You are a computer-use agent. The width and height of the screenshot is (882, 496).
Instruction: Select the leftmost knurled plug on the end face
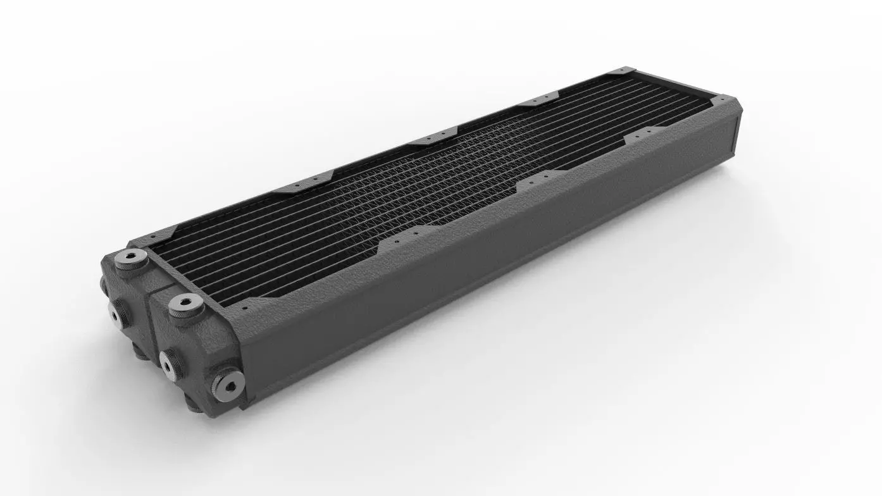116,311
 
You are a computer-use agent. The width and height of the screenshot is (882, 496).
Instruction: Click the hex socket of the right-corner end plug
228,381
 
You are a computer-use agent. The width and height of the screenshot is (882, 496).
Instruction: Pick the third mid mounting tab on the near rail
639,137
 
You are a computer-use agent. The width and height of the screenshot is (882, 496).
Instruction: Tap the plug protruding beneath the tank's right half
196,405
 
